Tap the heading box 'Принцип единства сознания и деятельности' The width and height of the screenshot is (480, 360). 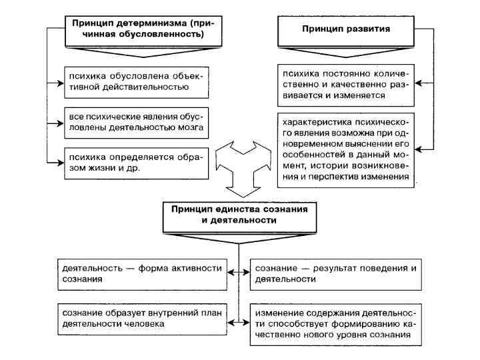pos(239,214)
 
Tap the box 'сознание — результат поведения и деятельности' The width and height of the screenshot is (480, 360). pos(336,273)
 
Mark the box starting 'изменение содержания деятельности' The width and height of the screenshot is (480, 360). pos(336,323)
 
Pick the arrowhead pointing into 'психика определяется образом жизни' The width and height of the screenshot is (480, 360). pos(62,162)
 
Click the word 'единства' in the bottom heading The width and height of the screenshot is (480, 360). pos(236,209)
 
